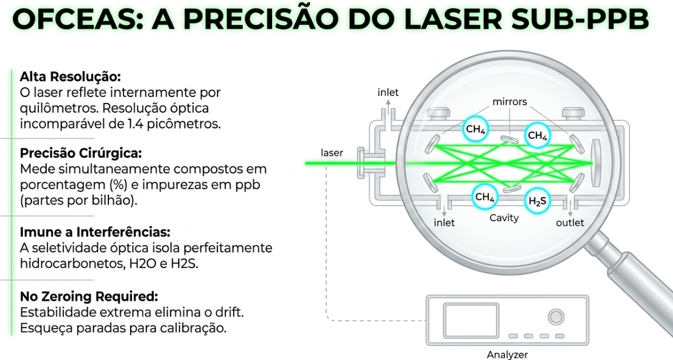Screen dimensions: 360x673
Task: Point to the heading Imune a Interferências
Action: point(95,233)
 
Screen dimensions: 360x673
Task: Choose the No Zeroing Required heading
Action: point(89,297)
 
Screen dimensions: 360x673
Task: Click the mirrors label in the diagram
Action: point(509,101)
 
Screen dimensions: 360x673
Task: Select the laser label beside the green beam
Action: point(332,153)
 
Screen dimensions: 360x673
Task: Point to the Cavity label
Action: point(504,218)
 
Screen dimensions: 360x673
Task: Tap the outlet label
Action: point(570,223)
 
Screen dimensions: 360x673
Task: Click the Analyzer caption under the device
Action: point(507,355)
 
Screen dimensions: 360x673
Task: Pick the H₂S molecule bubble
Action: point(538,201)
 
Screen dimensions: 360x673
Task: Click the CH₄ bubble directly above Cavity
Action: point(484,197)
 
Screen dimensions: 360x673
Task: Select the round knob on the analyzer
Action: point(555,317)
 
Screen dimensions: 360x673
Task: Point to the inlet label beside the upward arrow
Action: point(388,93)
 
